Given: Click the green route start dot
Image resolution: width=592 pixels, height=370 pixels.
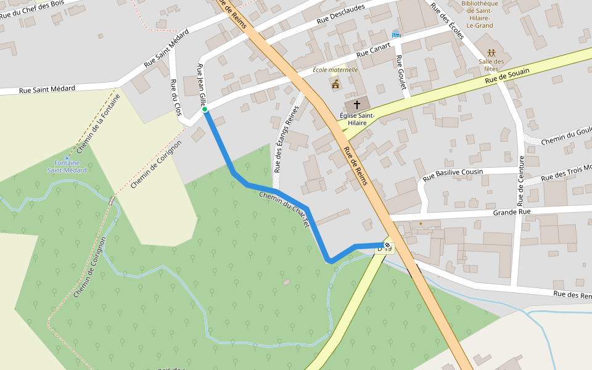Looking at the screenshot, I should point(205,110).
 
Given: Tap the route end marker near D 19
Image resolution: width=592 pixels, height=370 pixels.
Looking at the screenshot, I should point(387,245).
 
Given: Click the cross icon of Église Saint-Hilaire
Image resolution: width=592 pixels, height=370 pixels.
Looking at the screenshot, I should point(357,105).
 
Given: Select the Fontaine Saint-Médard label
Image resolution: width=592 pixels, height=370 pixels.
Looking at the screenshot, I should point(67,166).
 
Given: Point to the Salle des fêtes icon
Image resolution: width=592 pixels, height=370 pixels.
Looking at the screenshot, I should point(491,53).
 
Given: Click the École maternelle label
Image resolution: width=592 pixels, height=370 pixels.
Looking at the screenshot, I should point(335,70).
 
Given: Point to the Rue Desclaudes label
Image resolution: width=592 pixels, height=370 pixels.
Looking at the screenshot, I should point(341,14).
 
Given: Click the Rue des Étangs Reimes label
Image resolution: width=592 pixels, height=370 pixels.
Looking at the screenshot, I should point(286,139).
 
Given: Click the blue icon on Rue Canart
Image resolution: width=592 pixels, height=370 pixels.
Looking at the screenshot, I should point(396,33).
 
